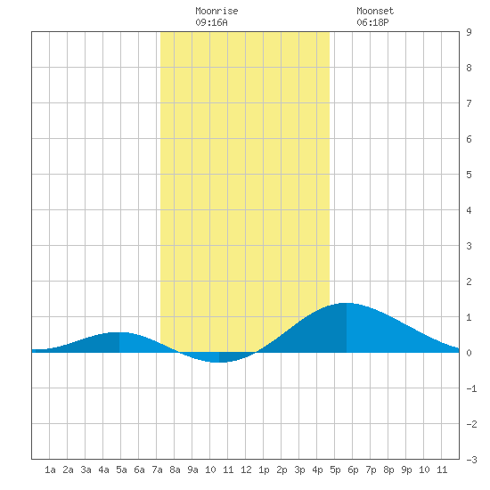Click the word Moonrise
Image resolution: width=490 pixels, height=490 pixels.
(x=216, y=11)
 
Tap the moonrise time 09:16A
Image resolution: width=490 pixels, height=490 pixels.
(x=211, y=22)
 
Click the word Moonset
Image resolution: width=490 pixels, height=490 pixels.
(x=375, y=11)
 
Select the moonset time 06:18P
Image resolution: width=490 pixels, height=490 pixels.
(x=372, y=22)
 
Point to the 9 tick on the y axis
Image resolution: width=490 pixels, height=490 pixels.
(x=469, y=32)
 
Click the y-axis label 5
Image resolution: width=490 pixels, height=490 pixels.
(x=469, y=175)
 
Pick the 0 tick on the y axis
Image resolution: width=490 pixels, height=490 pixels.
(x=469, y=353)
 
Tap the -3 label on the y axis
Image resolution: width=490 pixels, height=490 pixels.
(x=471, y=460)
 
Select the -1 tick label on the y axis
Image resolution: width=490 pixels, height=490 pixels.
(x=471, y=388)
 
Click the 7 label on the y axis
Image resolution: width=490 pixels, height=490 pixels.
(x=469, y=103)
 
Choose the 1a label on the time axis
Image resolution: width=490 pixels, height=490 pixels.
(x=50, y=470)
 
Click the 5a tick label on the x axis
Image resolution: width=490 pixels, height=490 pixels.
(x=121, y=470)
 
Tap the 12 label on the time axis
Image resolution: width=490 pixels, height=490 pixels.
(x=246, y=470)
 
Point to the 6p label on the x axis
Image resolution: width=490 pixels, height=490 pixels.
(x=353, y=470)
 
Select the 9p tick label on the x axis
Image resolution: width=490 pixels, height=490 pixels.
(x=406, y=470)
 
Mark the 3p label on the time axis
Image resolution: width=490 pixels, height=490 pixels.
(x=299, y=470)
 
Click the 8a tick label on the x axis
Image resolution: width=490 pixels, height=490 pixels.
(x=175, y=470)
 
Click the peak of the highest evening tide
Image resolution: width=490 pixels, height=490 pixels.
(x=347, y=303)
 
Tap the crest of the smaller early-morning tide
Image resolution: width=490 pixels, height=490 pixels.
(x=119, y=332)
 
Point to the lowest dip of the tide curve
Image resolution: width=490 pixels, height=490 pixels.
(x=219, y=363)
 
